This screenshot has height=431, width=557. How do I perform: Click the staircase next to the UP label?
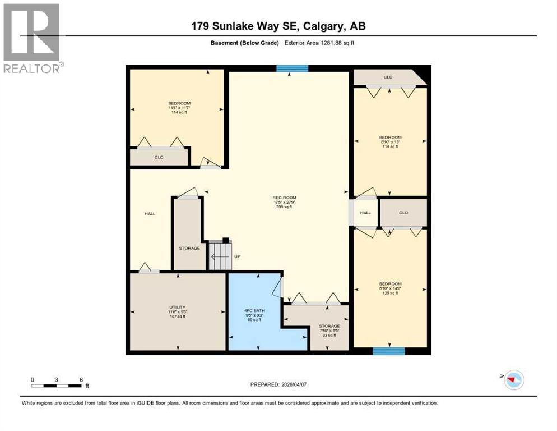220,256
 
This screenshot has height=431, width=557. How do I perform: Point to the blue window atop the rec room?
292,68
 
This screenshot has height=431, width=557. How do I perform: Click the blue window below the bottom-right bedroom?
389,351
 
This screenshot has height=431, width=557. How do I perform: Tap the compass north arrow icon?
513,380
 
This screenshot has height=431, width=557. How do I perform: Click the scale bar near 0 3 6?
57,386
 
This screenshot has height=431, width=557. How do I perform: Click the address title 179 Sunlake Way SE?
278,26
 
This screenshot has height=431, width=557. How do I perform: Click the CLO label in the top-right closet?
388,77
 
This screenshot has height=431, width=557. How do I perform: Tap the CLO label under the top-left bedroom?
159,157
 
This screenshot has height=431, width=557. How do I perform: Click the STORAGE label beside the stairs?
189,248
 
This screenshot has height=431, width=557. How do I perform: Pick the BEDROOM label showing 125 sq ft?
390,288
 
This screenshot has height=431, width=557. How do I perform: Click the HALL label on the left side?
150,213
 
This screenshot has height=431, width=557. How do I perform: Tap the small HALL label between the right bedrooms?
365,213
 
